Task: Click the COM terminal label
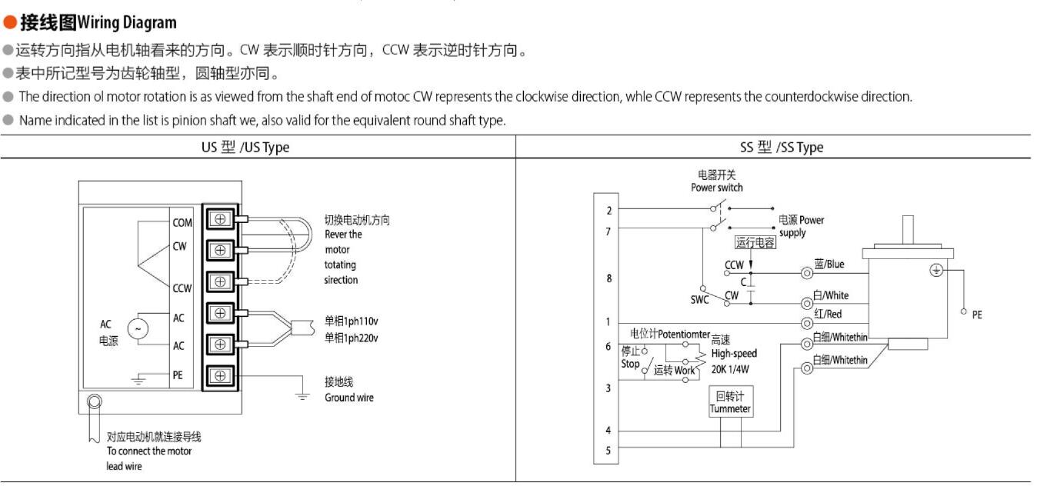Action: [182, 223]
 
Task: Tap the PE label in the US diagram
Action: [178, 375]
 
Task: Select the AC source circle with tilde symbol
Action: [138, 329]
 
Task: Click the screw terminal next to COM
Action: [221, 219]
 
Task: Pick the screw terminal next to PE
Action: [221, 375]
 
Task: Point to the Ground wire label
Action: [349, 398]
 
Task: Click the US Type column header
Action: [245, 148]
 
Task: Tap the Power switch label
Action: [717, 188]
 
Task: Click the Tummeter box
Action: [730, 402]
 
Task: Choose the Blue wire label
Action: [829, 265]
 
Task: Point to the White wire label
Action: [831, 295]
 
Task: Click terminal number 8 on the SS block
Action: [609, 278]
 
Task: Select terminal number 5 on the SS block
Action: [609, 451]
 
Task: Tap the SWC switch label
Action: [699, 300]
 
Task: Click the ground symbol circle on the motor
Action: [936, 271]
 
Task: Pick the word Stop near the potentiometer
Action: [630, 364]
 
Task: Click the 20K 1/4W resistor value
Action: [730, 368]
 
